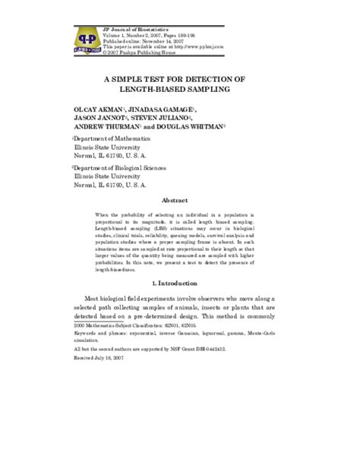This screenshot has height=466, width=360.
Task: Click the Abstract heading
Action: (x=180, y=201)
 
